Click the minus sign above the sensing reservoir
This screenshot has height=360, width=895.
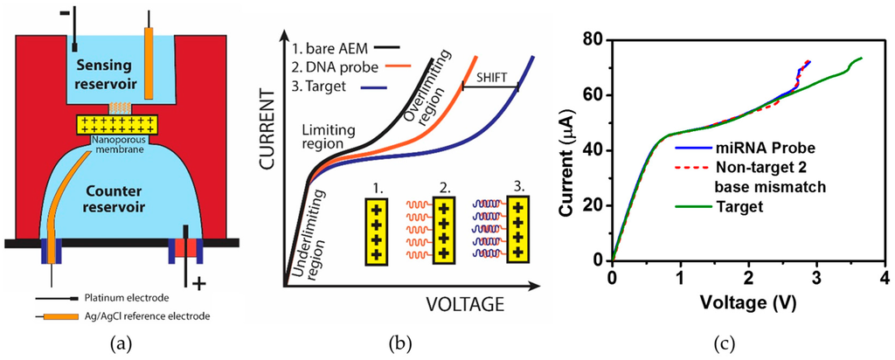56,10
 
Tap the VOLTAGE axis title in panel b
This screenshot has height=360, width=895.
466,304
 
